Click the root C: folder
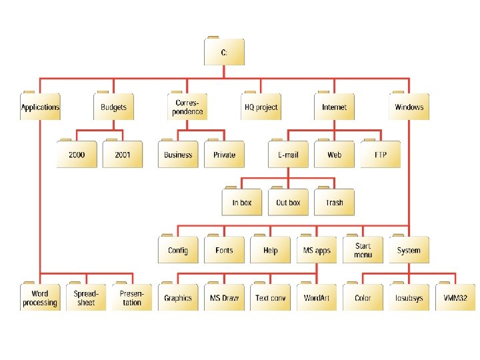point(224,52)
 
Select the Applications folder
point(40,107)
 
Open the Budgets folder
point(113,107)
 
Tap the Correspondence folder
point(187,107)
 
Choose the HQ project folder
point(261,107)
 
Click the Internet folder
point(335,107)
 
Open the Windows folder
point(409,107)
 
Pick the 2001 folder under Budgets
point(123,155)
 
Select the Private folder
point(224,155)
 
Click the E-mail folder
point(288,155)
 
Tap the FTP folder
point(381,155)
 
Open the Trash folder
point(335,203)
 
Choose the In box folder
point(242,203)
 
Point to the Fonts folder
point(224,250)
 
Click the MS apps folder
point(317,250)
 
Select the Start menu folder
point(363,250)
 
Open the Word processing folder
point(40,298)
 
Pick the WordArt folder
point(317,298)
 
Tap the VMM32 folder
point(455,298)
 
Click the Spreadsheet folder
point(86,298)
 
